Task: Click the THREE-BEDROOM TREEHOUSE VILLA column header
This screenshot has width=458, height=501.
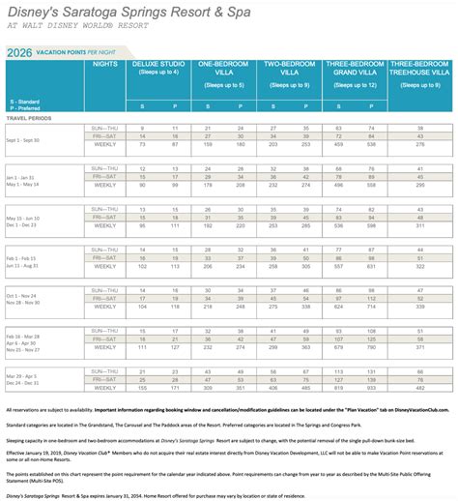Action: [420, 71]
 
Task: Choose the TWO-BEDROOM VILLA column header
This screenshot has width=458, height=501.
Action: [289, 71]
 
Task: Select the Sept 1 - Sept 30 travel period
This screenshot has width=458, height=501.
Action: [30, 140]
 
